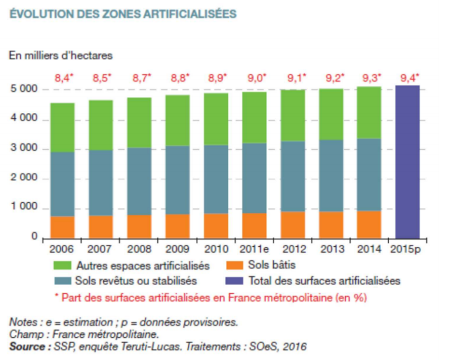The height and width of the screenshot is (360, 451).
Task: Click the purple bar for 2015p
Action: point(407,162)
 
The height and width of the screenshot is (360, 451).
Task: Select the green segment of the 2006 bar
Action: point(62,127)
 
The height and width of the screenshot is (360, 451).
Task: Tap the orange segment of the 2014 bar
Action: point(369,224)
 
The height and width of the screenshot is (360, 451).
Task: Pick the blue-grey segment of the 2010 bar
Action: point(216,179)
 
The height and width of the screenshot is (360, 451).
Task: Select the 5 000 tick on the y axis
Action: point(24,90)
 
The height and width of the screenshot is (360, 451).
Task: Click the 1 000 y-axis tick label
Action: point(24,208)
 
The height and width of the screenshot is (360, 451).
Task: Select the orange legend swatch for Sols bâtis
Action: point(234,265)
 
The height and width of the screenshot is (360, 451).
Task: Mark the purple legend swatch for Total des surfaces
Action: point(234,280)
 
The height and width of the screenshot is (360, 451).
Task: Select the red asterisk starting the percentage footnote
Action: point(56,296)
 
